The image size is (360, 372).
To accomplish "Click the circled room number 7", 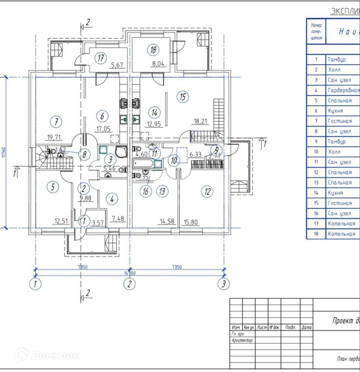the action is tap(57, 122).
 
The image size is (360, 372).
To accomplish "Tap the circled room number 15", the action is tap(183, 97).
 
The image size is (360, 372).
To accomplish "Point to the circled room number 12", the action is tap(208, 191).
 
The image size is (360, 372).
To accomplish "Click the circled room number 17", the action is tap(101, 59).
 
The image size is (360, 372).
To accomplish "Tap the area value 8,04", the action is tap(159, 65).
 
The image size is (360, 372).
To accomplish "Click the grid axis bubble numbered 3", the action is tap(223, 284).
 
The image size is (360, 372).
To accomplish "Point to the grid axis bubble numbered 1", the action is tap(35, 284).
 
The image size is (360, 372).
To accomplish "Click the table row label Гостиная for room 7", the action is tap(339, 121).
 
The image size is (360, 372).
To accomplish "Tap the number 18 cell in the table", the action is tap(316, 234).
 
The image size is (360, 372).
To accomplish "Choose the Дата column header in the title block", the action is tap(307, 327).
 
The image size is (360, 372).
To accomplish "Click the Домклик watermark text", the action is tap(54, 355).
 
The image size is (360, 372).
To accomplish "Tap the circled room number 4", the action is tap(112, 200).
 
